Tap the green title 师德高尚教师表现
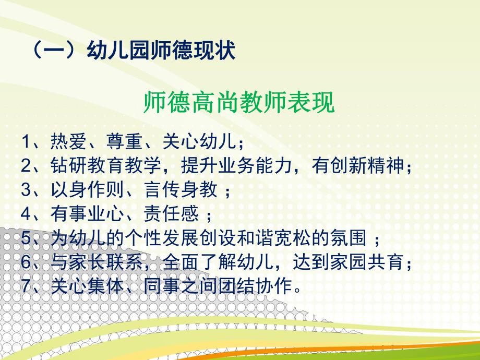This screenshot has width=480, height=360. click(238, 103)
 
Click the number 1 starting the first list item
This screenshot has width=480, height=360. click(27, 142)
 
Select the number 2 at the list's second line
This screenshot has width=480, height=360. click(27, 166)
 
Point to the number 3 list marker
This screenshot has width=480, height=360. click(27, 190)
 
